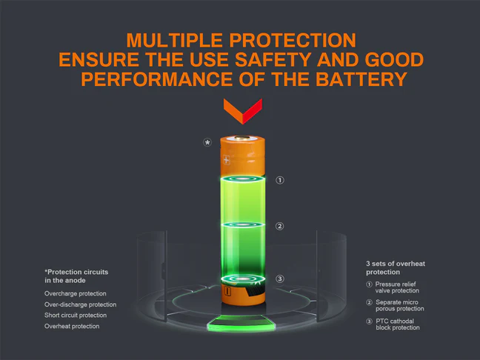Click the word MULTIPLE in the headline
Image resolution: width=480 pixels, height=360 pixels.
click(175, 40)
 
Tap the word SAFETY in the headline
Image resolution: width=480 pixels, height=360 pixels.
click(273, 59)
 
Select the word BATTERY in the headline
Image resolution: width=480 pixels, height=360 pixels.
click(361, 79)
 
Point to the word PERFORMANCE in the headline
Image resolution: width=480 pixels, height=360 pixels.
click(156, 79)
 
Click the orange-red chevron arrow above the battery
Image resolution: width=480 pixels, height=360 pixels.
click(243, 111)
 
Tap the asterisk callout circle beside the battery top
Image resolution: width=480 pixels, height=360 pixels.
click(207, 142)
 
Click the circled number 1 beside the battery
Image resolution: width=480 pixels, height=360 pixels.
click(280, 180)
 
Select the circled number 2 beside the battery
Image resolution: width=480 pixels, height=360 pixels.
click(279, 226)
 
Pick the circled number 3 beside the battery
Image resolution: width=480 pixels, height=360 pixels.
click(280, 279)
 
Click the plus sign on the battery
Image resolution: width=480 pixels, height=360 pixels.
click(226, 160)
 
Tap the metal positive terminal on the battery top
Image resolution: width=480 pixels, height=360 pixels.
click(242, 138)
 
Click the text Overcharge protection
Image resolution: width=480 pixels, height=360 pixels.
click(76, 293)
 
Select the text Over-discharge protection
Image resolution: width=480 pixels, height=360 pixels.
click(80, 304)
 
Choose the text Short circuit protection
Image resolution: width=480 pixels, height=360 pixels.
click(76, 316)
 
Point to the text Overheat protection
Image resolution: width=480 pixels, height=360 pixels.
click(72, 327)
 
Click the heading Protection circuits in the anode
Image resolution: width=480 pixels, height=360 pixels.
click(76, 276)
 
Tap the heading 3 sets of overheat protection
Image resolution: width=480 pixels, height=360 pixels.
click(396, 268)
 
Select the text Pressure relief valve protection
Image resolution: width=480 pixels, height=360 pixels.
click(397, 287)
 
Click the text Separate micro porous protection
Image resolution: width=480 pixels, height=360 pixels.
click(400, 305)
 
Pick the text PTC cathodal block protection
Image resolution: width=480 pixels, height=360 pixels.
click(398, 324)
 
